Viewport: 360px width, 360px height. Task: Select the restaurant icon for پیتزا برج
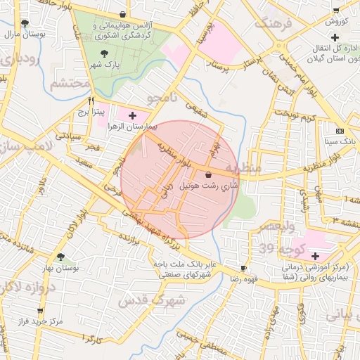coord(91,100)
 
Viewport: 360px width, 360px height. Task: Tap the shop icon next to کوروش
coord(336,11)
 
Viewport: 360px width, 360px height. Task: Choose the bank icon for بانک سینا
coord(340,131)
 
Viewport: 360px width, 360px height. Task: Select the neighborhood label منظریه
coord(247,168)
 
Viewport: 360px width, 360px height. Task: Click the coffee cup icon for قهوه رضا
coord(244,268)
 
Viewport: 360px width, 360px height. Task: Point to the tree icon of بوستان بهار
coord(60,257)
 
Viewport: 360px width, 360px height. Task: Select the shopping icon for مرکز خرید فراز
coord(39,310)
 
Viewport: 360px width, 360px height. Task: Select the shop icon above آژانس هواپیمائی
coord(124,13)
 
